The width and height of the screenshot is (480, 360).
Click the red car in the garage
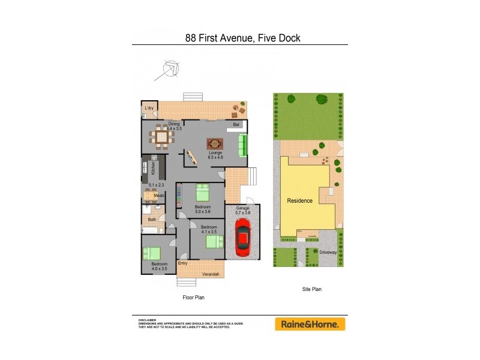pos(242,235)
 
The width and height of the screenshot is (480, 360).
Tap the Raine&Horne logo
pos(310,324)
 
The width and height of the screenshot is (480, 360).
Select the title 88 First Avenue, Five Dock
pos(242,38)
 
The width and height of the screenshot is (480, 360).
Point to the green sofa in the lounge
pos(242,146)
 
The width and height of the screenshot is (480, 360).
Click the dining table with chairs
pos(161,138)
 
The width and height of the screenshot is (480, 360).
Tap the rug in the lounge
pos(215,144)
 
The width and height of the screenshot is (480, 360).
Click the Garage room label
pos(242,207)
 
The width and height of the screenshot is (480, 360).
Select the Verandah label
pos(210,274)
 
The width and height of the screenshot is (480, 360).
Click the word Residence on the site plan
pos(299,200)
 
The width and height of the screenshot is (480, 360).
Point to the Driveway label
pos(328,252)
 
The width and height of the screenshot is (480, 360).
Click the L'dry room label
pos(149,108)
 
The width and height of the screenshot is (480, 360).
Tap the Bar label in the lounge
pos(237,125)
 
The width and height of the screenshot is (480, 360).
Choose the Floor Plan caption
pos(194,297)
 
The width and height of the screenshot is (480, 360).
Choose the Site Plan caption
pos(311,289)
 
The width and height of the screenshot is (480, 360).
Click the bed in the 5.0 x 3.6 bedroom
pos(202,193)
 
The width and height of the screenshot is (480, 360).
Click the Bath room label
pos(152,219)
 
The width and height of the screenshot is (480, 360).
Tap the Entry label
pos(183,263)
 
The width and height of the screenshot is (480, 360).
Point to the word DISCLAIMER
pos(147,320)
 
